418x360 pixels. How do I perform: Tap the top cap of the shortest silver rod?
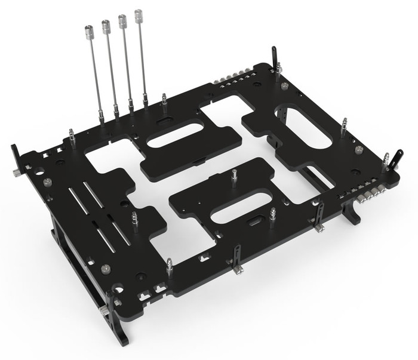click(x=90, y=29)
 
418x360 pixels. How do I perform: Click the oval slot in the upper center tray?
click(x=174, y=135)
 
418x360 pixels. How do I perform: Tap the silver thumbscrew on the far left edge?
click(x=13, y=174)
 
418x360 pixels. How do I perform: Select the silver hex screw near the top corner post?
click(x=285, y=88)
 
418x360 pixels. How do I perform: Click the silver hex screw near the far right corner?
click(x=358, y=150)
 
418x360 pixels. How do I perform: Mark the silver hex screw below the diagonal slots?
click(x=106, y=268)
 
